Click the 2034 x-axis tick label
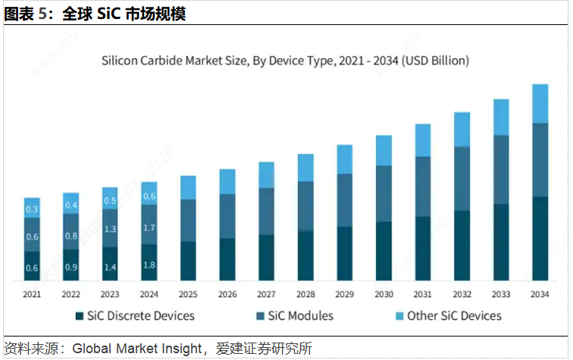(x=540, y=294)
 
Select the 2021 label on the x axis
(x=32, y=294)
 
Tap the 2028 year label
(x=305, y=294)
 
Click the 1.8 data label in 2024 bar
(x=149, y=265)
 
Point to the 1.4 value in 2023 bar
(x=110, y=268)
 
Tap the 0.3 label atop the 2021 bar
(x=32, y=209)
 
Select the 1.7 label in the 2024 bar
(x=149, y=228)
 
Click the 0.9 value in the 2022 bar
(x=71, y=268)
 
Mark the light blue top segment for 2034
(x=540, y=104)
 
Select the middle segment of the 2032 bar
(x=462, y=178)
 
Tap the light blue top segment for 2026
(x=227, y=182)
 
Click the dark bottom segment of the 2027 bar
(x=266, y=258)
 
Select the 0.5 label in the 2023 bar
(x=110, y=201)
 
